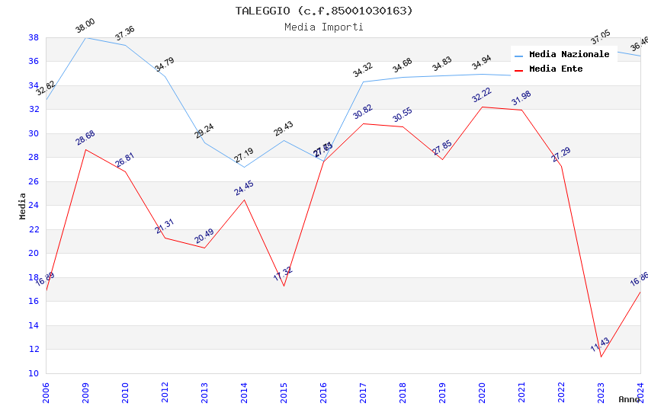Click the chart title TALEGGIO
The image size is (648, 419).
coord(324,11)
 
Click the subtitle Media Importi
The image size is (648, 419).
coord(324,27)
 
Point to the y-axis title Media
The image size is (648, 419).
coord(22,206)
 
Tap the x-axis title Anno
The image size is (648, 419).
coord(629,399)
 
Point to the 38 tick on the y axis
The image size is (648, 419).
coord(34,37)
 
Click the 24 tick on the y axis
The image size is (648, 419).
coord(34,206)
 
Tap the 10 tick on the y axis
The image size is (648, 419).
coord(34,373)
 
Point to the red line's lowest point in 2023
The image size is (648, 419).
coord(601,357)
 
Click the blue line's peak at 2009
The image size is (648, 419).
coord(85,37)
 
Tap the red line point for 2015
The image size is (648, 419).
coord(284,286)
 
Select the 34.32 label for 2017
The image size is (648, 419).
coord(363,71)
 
